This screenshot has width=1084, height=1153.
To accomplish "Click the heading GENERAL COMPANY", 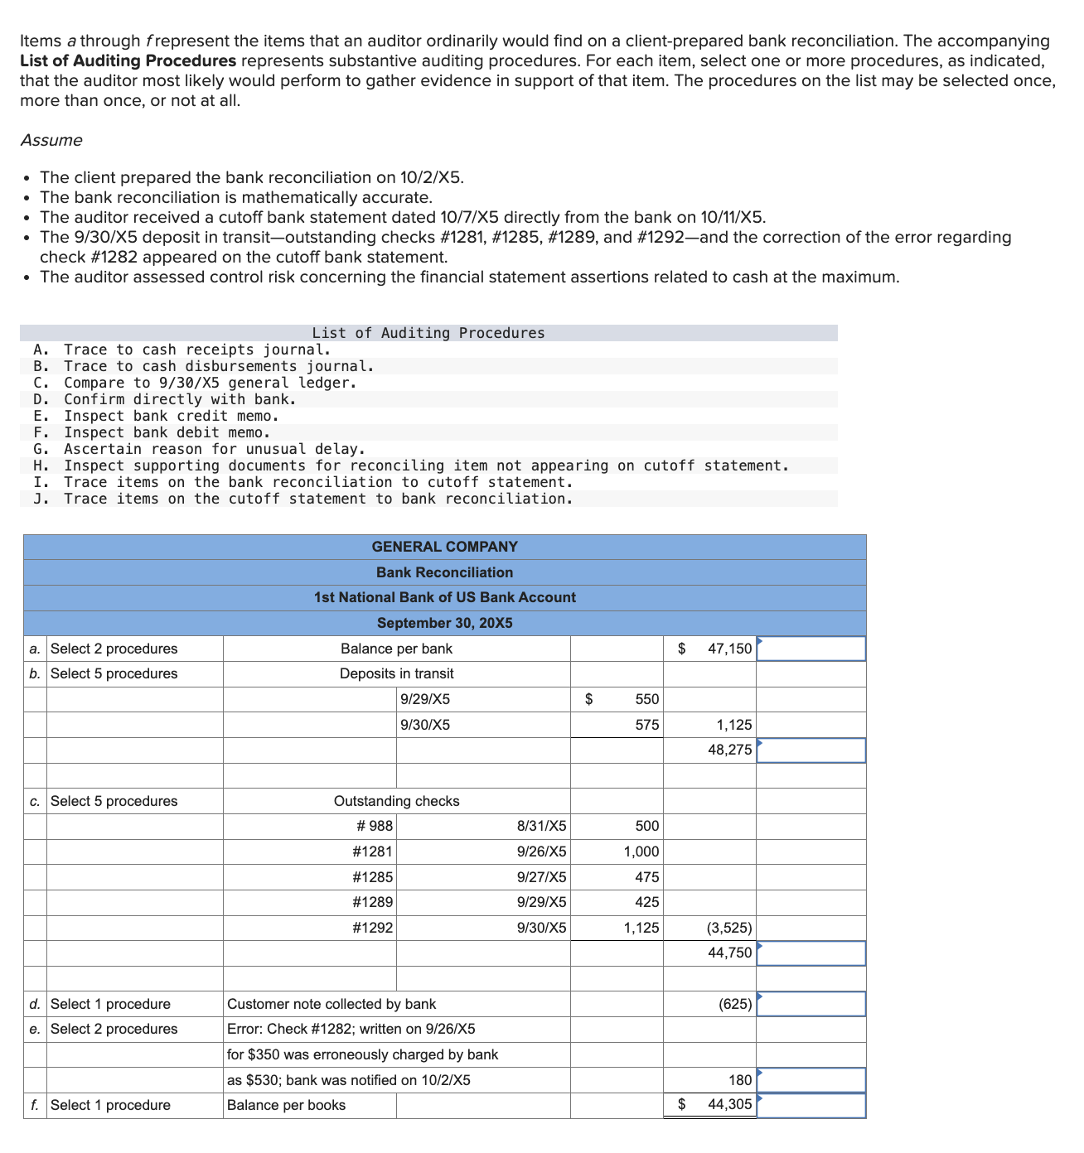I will [444, 547].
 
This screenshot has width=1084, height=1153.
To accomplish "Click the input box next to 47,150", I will [811, 649].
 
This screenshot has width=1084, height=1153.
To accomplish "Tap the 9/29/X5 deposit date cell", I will [425, 699].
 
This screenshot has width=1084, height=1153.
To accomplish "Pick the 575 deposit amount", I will [647, 725].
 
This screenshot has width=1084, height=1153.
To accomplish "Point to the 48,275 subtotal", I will [729, 750].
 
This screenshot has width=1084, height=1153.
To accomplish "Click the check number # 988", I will [374, 826].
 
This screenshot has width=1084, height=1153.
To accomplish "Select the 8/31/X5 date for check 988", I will [541, 826].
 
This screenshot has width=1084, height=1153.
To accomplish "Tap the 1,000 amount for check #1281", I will [641, 851].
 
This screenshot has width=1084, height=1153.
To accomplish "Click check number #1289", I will [372, 902].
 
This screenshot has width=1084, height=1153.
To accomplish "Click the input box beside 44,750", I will [811, 953].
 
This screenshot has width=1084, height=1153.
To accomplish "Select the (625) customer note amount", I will [735, 1004].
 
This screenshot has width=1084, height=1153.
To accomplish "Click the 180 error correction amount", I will [740, 1080].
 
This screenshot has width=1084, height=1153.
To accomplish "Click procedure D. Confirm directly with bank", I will [179, 399].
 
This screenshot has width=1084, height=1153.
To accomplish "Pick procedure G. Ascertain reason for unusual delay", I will [214, 449].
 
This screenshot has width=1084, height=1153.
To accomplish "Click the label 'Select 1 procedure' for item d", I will [110, 1004].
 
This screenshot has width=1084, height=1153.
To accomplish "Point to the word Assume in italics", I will [51, 140].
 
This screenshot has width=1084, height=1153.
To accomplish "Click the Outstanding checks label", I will [396, 801].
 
